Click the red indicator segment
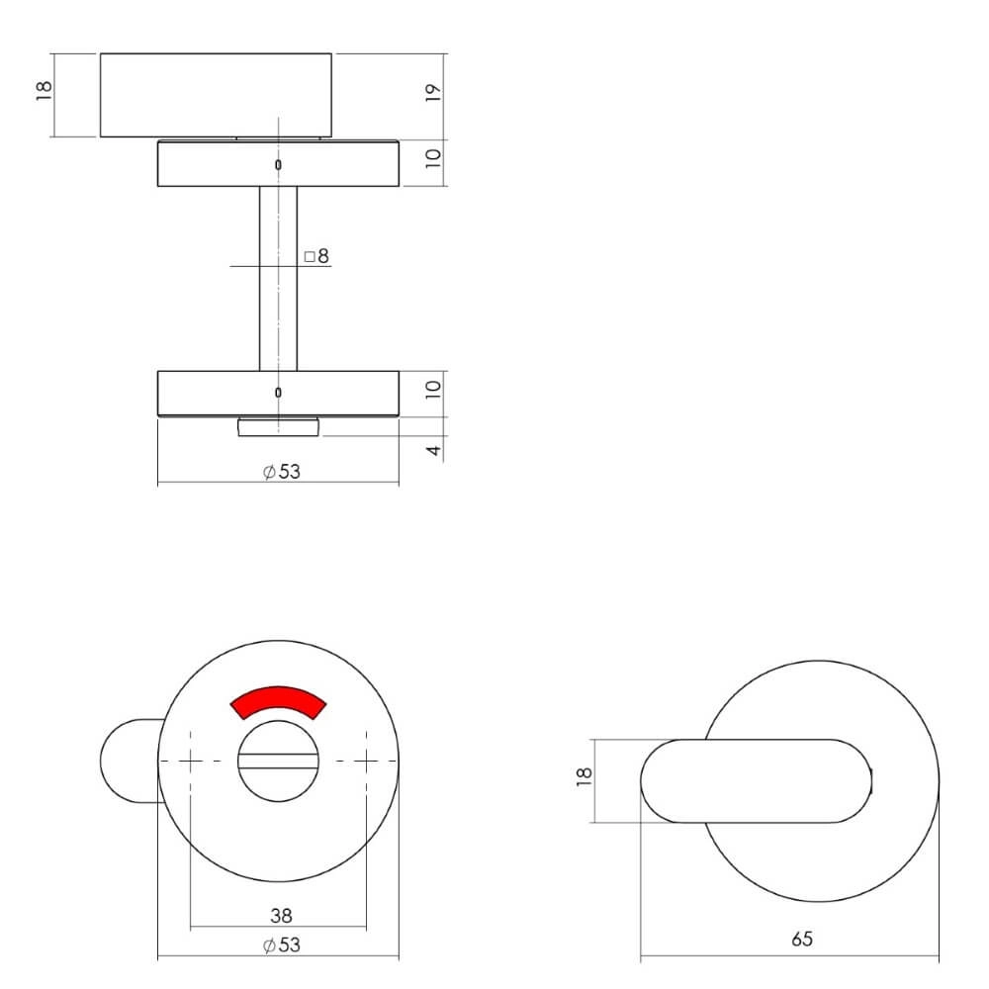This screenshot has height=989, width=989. (277, 700)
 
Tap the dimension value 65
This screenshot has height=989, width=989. (802, 939)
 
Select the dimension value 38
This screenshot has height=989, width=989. (281, 916)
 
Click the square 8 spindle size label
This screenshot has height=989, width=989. (316, 256)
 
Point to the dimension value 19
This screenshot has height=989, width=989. (432, 93)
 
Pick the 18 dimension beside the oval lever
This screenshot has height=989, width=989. (584, 780)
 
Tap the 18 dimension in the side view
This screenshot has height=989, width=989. (43, 92)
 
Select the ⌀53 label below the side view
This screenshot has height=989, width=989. (282, 472)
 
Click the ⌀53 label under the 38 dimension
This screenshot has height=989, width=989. (282, 945)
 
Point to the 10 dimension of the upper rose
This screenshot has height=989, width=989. (432, 162)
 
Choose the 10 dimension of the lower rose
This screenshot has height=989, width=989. (432, 392)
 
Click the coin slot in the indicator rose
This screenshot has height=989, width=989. (278, 762)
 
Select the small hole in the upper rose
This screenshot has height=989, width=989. (278, 164)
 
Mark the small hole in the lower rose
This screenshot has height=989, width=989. (278, 393)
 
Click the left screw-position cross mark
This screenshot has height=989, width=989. (191, 761)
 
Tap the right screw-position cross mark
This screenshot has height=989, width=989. (366, 761)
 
